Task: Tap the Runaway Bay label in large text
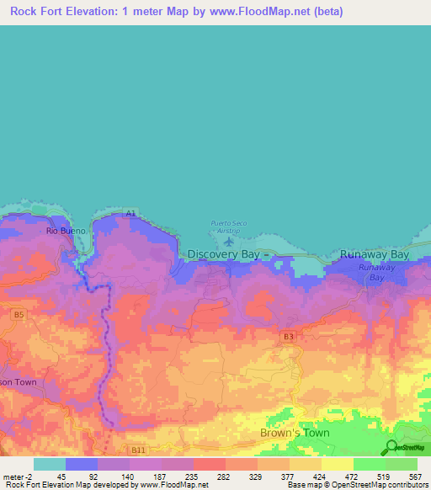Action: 374,253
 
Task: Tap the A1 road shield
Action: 130,214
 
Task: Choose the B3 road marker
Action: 289,337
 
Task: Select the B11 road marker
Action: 139,451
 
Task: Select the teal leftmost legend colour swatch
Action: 49,464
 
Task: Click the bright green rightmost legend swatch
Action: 402,464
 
